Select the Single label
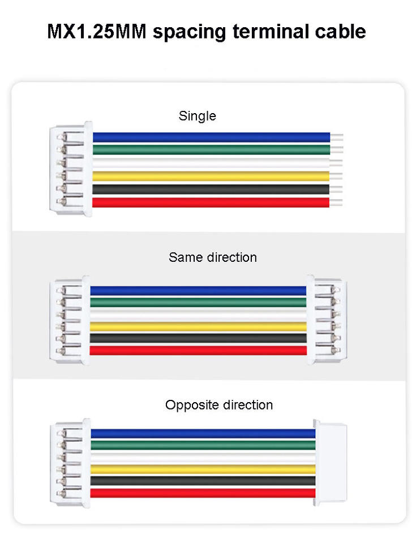pyautogui.click(x=197, y=116)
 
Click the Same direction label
pyautogui.click(x=212, y=257)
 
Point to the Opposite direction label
pyautogui.click(x=218, y=405)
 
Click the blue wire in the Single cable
pyautogui.click(x=211, y=137)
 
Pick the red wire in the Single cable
pyautogui.click(x=211, y=202)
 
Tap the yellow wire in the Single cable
pyautogui.click(x=211, y=176)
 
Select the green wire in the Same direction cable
pyautogui.click(x=198, y=302)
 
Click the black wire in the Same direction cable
pyautogui.click(x=198, y=338)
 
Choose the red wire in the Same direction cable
pyautogui.click(x=198, y=351)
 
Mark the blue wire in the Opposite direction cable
pyautogui.click(x=202, y=433)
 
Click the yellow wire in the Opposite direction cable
pyautogui.click(x=202, y=469)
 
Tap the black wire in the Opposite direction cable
pyautogui.click(x=202, y=481)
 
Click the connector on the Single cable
pyautogui.click(x=71, y=170)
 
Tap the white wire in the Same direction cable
pyautogui.click(x=198, y=314)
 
